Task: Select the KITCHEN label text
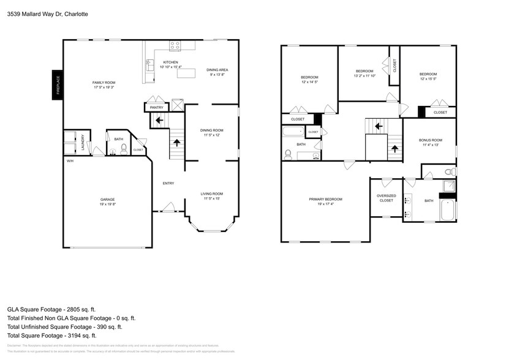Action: pos(170,62)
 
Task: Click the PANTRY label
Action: pos(156,108)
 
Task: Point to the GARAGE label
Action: pos(108,200)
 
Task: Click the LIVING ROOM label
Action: pos(211,194)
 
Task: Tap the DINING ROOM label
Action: pos(211,130)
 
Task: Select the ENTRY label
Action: pos(168,183)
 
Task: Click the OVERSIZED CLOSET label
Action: pos(386,198)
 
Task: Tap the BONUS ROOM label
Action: pos(430,140)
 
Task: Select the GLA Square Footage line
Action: pos(51,310)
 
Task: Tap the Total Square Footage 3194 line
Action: pos(51,336)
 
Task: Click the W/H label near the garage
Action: pos(70,161)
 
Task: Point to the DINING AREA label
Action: pos(217,70)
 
